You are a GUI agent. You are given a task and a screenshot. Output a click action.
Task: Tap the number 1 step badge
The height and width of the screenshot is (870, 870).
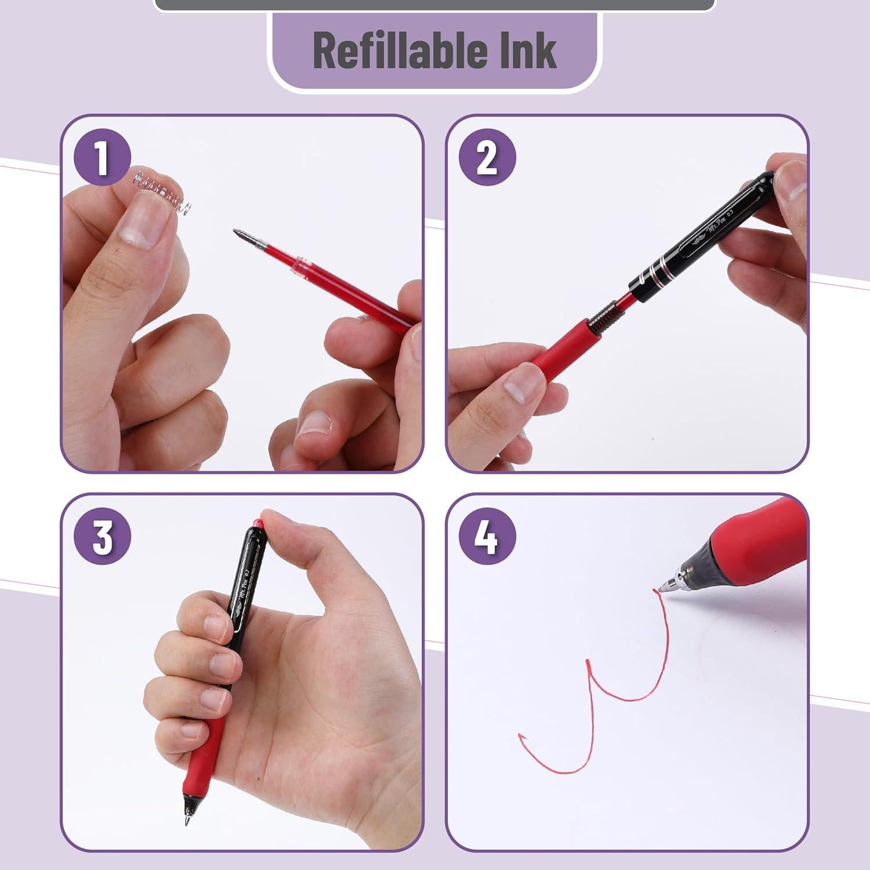point(103,157)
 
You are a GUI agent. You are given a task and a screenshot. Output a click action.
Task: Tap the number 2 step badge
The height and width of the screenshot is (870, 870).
point(487,157)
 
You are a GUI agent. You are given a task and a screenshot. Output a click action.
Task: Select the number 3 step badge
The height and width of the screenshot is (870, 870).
point(103,536)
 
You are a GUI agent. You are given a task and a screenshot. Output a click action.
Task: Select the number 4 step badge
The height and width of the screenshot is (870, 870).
point(487,536)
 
